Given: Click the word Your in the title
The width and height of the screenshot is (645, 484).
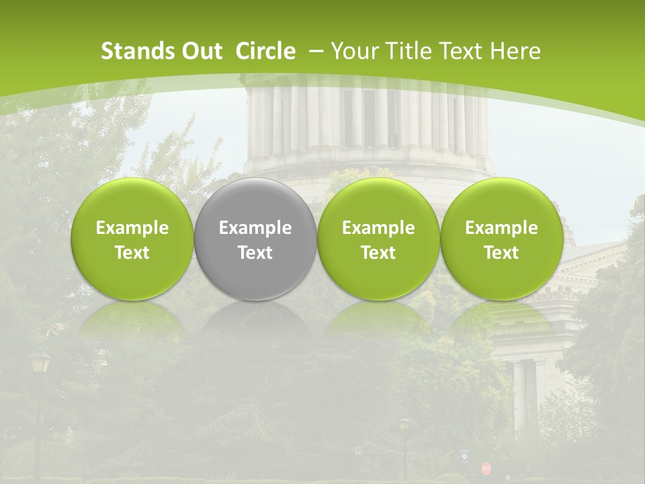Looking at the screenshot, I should [353, 51].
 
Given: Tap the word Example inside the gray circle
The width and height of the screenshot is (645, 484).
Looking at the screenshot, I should [255, 228].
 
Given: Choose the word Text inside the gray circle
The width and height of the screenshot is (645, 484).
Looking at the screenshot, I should [255, 253].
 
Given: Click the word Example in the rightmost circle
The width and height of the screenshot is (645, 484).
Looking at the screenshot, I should [501, 228].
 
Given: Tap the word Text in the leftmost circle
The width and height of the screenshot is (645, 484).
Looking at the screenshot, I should [132, 253].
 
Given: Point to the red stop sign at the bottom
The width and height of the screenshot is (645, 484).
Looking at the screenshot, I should [486, 468].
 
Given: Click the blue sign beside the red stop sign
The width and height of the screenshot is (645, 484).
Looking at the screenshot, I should [465, 456].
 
